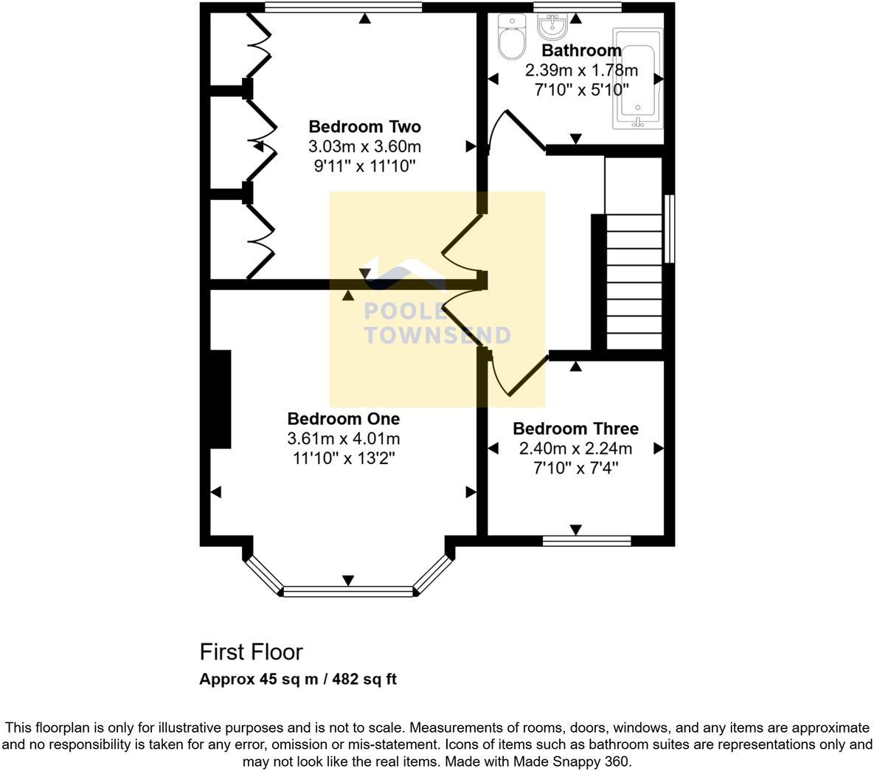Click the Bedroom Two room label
pos(364,127)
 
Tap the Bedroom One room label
pos(343,419)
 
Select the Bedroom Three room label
pos(575,429)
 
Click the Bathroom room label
pos(581,50)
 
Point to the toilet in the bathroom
pos(510,37)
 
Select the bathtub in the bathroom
pos(638,78)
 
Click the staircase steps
pos(634,280)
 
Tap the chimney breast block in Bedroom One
pos(220,398)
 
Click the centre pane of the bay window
pos(348,591)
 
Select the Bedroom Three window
pos(586,541)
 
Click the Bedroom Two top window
pos(343,7)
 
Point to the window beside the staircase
pos(669,229)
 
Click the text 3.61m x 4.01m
pos(343,439)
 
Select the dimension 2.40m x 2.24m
pos(575,449)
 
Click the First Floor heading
pos(251,652)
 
